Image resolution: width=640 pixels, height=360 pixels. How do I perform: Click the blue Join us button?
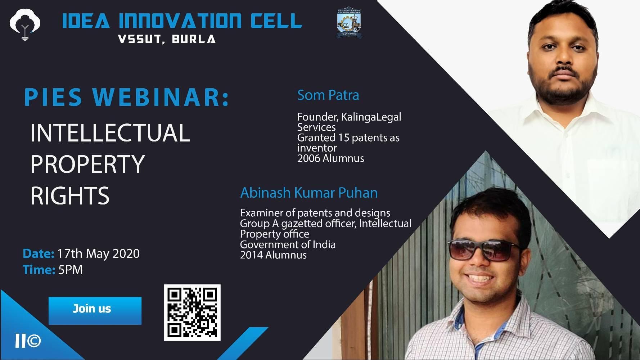tap(95, 311)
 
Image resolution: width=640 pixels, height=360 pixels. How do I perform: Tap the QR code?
tap(192, 312)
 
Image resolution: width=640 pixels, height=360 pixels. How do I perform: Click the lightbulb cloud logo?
tap(25, 24)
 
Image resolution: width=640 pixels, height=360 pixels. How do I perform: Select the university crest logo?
tap(349, 23)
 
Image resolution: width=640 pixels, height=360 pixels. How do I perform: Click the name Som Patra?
tap(328, 95)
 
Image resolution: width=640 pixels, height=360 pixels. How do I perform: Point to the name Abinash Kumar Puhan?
tap(309, 193)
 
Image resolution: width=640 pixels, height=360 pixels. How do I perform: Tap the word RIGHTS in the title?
tap(70, 196)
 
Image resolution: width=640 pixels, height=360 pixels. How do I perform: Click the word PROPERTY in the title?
tap(87, 164)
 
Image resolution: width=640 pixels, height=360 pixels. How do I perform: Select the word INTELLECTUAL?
tap(110, 132)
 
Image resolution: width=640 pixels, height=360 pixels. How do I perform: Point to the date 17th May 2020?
tap(98, 254)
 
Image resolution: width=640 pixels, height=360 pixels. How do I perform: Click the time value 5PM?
tap(70, 270)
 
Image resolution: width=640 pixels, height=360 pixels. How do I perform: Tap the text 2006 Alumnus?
tap(330, 158)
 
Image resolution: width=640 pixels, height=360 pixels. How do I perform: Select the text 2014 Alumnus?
tap(273, 255)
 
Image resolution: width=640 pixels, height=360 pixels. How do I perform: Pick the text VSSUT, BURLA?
tap(167, 39)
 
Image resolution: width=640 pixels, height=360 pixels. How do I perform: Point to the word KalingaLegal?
tap(371, 117)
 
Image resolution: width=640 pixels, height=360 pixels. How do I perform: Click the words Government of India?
tap(288, 244)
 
